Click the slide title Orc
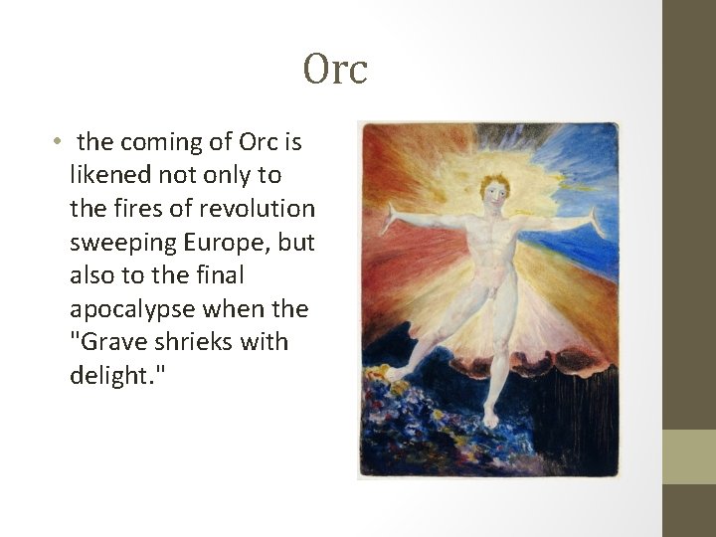pyautogui.click(x=335, y=70)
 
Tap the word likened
pyautogui.click(x=109, y=176)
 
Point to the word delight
pyautogui.click(x=110, y=376)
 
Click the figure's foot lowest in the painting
pyautogui.click(x=489, y=420)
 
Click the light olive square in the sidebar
pyautogui.click(x=688, y=456)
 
